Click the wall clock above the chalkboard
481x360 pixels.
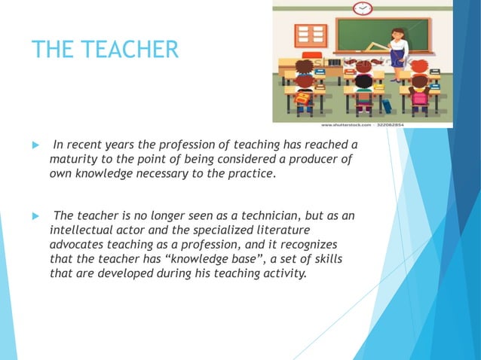pyautogui.click(x=363, y=8)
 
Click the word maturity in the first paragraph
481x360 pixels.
pyautogui.click(x=72, y=160)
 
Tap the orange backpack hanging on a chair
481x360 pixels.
pyautogui.click(x=302, y=99)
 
